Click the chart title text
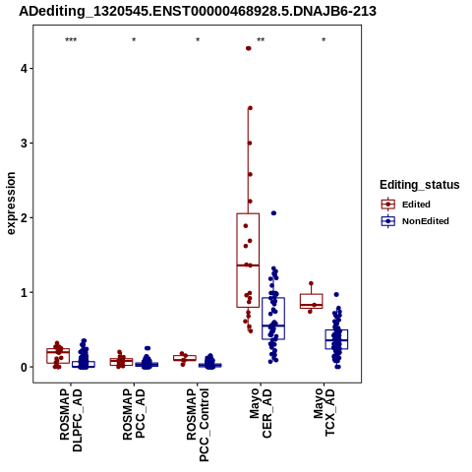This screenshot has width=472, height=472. point(198,11)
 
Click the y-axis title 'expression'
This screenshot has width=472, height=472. point(11,204)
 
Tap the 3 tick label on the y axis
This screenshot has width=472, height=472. point(25,144)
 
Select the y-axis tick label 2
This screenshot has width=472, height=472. point(25,217)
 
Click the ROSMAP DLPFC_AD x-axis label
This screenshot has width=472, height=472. point(71,420)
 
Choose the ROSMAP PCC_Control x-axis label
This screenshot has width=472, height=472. point(198,425)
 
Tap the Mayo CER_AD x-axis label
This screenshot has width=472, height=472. point(261,413)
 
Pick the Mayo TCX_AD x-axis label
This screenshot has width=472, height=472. point(324,412)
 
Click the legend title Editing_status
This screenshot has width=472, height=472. point(420,185)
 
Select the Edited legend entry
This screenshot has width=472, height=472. point(406,205)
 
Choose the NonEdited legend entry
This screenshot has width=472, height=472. point(415,221)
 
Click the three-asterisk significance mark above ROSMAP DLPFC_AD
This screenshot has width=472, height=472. point(71,40)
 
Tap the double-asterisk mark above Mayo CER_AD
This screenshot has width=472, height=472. point(261,40)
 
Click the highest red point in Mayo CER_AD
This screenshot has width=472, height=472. point(249,48)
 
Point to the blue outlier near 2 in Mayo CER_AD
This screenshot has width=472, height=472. point(273,213)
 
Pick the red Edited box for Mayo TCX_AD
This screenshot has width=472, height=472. point(312,294)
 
